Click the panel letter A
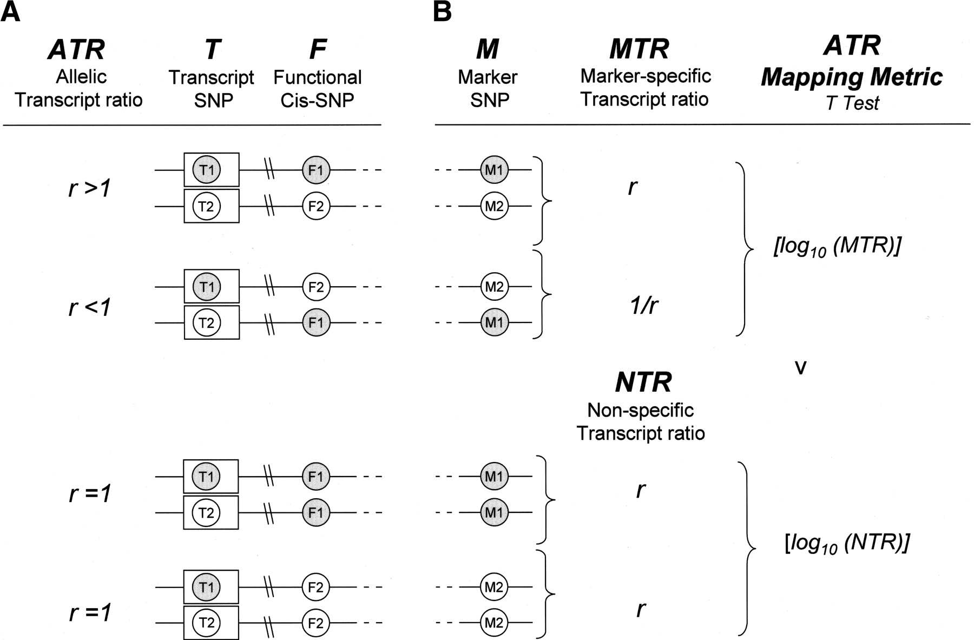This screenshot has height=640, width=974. point(10,12)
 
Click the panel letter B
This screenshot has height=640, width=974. point(442,12)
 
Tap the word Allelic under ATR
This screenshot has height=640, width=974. point(81,77)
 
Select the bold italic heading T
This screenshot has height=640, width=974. point(212,49)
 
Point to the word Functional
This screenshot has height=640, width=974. point(317,77)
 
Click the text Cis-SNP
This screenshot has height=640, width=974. point(317,101)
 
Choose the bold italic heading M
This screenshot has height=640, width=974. point(487,49)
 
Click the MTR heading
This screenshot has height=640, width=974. point(639,49)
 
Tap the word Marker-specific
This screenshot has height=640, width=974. point(645,76)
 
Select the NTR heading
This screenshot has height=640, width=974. point(643,383)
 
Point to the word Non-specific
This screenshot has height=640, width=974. point(640,411)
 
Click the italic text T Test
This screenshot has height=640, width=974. point(852,103)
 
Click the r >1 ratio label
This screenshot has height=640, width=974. point(90,189)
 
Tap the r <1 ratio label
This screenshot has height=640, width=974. point(90,307)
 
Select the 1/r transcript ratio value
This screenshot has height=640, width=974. point(644,306)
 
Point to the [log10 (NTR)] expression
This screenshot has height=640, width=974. point(847,543)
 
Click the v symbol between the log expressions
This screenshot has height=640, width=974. point(800,368)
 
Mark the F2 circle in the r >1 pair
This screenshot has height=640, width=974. point(316,206)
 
